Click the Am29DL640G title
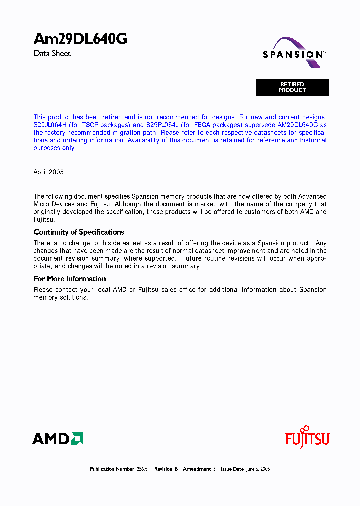80,39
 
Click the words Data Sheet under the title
52,53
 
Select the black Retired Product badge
292,87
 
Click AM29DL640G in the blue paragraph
298,125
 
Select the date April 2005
48,172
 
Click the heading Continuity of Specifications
79,232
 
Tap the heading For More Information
70,279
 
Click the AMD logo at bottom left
58,439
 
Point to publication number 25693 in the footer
142,469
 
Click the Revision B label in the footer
166,469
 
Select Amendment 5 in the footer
199,469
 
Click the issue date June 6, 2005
258,469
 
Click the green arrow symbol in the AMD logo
77,439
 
